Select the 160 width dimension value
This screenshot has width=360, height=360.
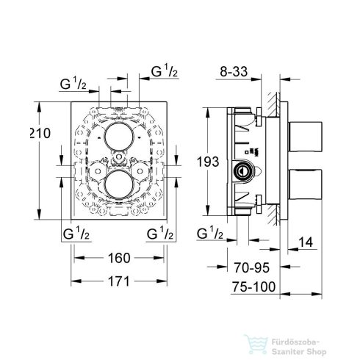click(118, 258)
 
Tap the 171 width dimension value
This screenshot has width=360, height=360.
click(118, 282)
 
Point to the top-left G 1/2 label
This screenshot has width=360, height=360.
click(74, 84)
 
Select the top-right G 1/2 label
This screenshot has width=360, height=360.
click(162, 71)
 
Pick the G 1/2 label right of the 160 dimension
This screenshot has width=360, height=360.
click(160, 234)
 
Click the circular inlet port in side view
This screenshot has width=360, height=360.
click(240, 172)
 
